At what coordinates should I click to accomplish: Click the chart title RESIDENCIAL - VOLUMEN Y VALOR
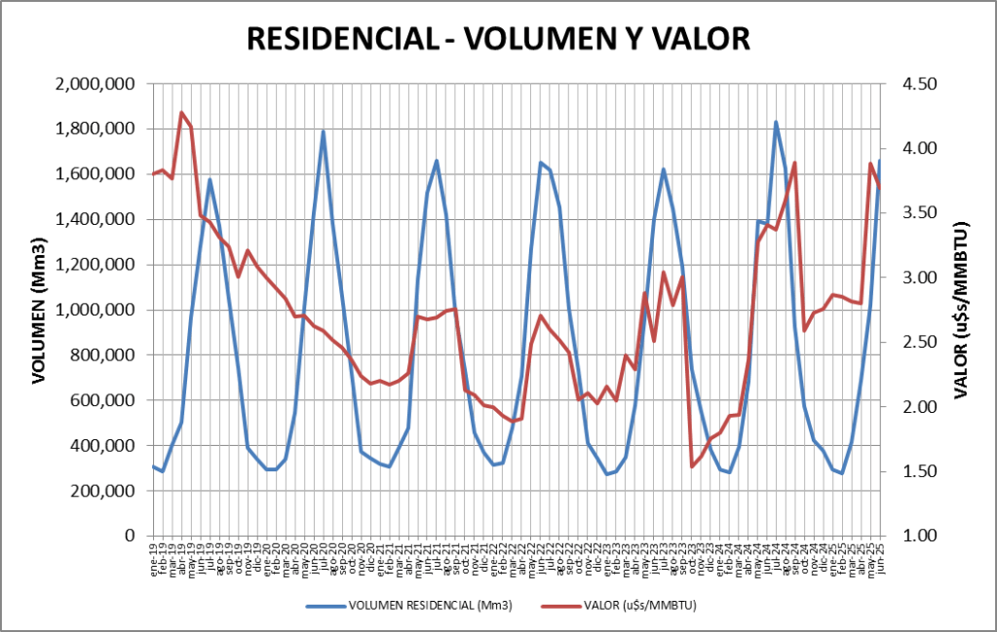tap(498, 38)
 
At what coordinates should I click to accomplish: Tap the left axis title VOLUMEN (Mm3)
tap(39, 310)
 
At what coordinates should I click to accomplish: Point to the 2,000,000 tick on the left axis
tap(96, 85)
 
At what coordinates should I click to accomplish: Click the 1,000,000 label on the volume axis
tap(96, 310)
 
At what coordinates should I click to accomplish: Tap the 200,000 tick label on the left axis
tap(103, 491)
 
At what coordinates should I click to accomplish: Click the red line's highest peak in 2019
tap(182, 113)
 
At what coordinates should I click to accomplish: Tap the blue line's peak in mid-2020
tap(323, 131)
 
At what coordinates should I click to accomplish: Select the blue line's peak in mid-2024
tap(776, 122)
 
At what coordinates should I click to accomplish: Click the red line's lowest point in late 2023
tap(692, 466)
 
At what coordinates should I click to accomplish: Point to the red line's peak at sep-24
tap(795, 163)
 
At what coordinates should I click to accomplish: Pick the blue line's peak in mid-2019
tap(210, 179)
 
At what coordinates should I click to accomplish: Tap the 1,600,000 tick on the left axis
tap(96, 174)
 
